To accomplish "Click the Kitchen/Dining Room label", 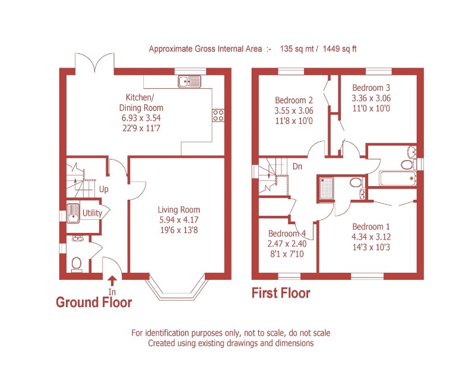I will [x=141, y=103].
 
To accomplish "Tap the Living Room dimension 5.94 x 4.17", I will [x=179, y=219].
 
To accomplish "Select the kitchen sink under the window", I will [x=190, y=81].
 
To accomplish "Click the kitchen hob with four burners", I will [x=218, y=114].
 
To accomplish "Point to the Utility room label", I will [x=92, y=213].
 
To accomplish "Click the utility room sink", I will [x=74, y=212].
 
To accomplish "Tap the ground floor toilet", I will [x=76, y=263].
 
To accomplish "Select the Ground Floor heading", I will [x=93, y=302].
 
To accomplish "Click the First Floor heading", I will [x=281, y=293].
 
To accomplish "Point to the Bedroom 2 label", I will [x=293, y=100].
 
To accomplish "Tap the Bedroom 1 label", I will [x=371, y=226].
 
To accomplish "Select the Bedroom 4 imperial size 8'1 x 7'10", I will [x=287, y=253].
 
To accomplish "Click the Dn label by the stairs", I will [x=297, y=167].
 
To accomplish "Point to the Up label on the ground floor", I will [x=104, y=190].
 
